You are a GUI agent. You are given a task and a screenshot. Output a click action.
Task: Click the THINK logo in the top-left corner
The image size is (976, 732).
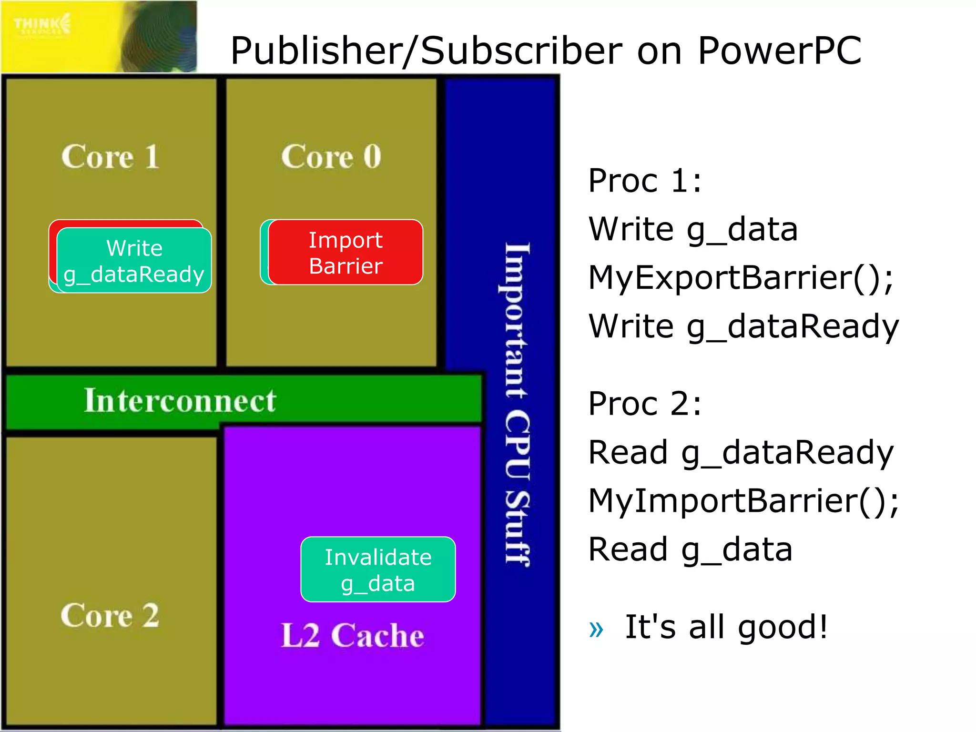pos(42,24)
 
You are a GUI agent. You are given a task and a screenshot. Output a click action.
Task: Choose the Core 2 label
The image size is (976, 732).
pos(110,615)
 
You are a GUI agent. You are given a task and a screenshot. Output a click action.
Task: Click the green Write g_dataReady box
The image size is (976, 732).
pos(134,261)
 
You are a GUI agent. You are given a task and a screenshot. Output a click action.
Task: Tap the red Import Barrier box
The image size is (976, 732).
pos(346,253)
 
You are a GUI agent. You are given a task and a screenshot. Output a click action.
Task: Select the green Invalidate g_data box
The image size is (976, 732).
pos(378,569)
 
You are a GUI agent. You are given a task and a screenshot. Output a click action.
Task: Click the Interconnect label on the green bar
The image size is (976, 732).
pos(180,400)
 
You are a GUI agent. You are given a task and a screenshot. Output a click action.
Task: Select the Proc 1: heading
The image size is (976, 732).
pos(645,181)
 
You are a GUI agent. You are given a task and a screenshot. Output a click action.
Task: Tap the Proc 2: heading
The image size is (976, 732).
pos(645,404)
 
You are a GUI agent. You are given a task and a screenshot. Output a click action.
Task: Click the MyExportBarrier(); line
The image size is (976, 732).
pos(741,278)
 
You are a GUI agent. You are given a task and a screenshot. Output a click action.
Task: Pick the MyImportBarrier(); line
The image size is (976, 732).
pos(743,501)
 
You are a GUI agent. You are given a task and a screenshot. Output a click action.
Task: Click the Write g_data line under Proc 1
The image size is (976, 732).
pos(693,230)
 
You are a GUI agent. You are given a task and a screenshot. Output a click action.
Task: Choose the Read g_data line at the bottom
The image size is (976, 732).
pos(691,549)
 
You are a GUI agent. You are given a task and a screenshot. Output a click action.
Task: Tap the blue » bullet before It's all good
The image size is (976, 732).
pos(596,629)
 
